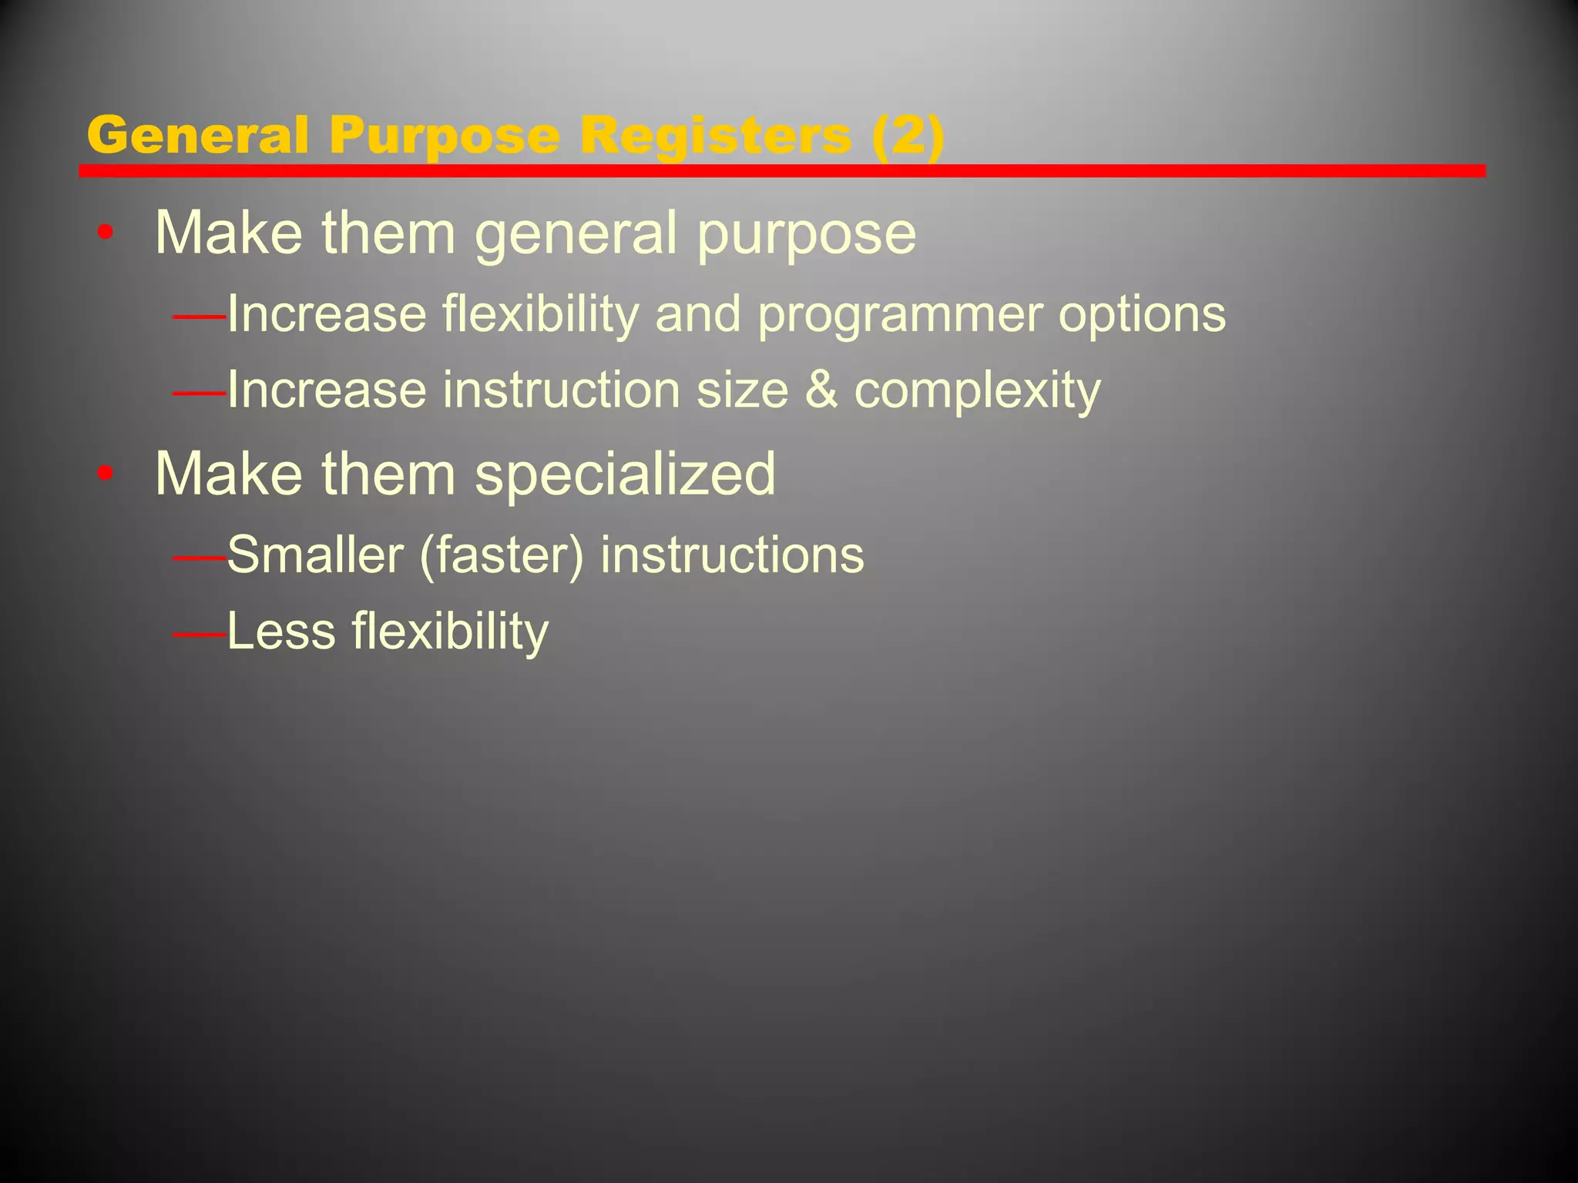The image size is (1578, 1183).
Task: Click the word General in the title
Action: [197, 136]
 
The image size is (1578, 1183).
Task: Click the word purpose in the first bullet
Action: [807, 234]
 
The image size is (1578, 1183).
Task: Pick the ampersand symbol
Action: [821, 390]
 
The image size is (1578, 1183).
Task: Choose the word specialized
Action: [625, 474]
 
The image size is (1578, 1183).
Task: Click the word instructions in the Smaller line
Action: [732, 555]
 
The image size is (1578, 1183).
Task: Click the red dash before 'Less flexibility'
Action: [200, 635]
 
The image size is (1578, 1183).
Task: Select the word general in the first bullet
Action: [576, 234]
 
